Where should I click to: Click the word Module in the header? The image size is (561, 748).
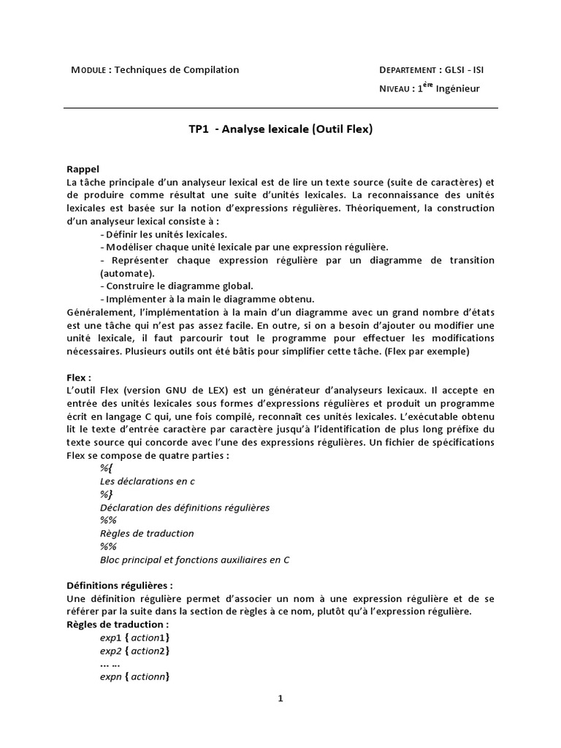tap(87, 70)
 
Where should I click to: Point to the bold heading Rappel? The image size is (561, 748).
tap(83, 169)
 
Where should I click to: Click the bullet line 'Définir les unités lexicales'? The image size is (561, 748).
tap(163, 234)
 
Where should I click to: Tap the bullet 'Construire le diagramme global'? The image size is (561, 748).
tap(176, 286)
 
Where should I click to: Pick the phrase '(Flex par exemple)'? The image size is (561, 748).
tap(427, 351)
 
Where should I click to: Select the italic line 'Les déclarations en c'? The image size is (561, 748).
tap(147, 481)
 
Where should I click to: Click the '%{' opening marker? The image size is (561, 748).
tap(106, 468)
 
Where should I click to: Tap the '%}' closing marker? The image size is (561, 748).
tap(106, 495)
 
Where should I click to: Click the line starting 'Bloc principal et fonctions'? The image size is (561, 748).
tap(194, 560)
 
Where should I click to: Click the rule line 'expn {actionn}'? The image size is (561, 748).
tap(134, 677)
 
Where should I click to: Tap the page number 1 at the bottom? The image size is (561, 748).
tap(280, 698)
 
